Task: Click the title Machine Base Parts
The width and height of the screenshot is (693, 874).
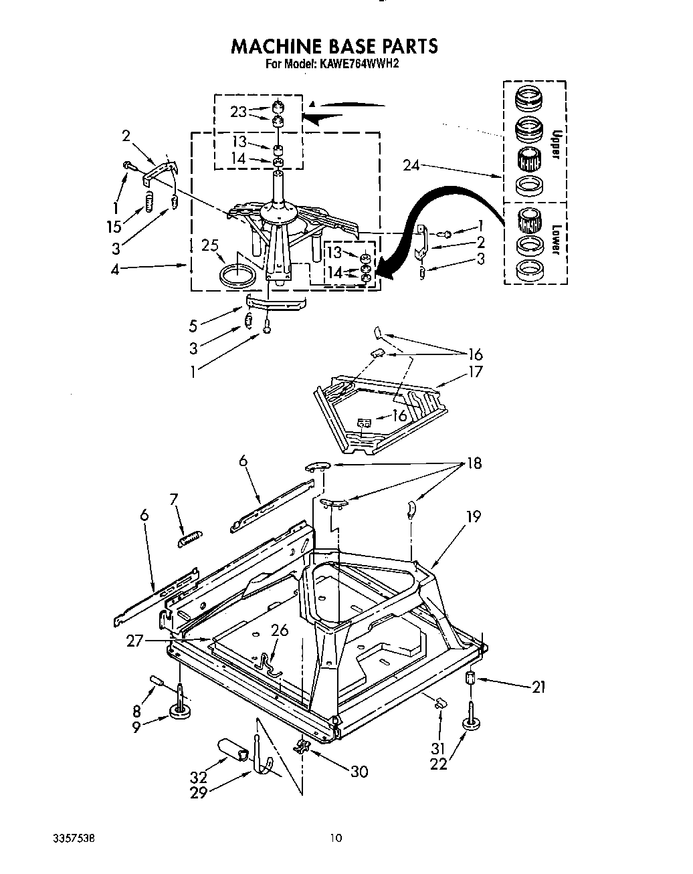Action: pos(334,45)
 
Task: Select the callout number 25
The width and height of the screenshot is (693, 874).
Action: pos(211,245)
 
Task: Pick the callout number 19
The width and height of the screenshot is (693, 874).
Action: pos(474,516)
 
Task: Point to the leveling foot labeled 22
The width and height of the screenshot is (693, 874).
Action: pos(474,723)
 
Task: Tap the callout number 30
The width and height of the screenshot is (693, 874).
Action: pos(359,771)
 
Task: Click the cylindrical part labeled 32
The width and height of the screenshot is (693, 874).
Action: pos(233,750)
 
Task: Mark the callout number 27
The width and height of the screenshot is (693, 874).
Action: pos(136,640)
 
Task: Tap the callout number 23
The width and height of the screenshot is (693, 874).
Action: pos(239,112)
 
